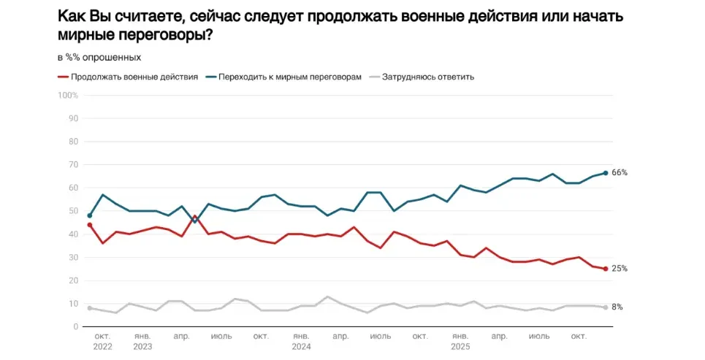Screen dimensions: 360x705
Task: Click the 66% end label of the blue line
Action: click(620, 172)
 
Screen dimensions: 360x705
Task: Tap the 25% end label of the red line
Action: click(620, 268)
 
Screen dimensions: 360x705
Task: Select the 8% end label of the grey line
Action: click(617, 307)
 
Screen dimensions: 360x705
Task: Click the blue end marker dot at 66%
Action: click(606, 173)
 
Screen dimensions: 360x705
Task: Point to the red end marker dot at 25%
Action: click(606, 268)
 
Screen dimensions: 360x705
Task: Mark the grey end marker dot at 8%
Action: click(606, 307)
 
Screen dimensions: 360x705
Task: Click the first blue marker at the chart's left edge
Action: click(89, 215)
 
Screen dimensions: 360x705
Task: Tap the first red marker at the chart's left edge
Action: click(89, 225)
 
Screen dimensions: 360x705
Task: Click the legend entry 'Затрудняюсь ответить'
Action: click(428, 76)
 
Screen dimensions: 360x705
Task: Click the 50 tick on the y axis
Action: click(73, 211)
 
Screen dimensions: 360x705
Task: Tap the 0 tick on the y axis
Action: click(75, 326)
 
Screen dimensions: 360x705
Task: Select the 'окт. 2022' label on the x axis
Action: click(103, 341)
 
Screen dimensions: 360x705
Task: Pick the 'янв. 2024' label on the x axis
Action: click(302, 341)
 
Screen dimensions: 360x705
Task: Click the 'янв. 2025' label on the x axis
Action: click(460, 341)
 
